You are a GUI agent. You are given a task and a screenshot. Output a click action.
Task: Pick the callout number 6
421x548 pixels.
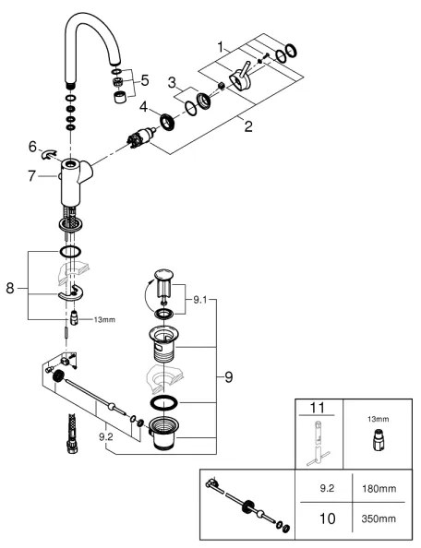[32, 146]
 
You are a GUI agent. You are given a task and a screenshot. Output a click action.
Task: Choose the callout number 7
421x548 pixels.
[32, 175]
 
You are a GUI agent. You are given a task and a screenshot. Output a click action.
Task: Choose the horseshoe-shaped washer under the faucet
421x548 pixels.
[70, 294]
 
